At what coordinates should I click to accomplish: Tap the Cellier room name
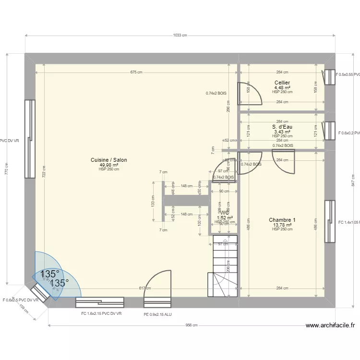(282, 83)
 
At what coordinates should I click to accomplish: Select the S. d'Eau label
(282, 127)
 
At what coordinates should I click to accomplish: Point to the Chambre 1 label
(282, 220)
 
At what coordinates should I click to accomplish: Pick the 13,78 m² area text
(282, 225)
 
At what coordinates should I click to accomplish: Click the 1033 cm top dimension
(180, 35)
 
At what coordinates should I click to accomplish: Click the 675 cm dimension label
(136, 72)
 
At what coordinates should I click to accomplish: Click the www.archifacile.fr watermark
(330, 325)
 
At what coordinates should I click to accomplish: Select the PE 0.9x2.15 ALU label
(158, 314)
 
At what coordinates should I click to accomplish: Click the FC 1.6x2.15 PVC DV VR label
(101, 313)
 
